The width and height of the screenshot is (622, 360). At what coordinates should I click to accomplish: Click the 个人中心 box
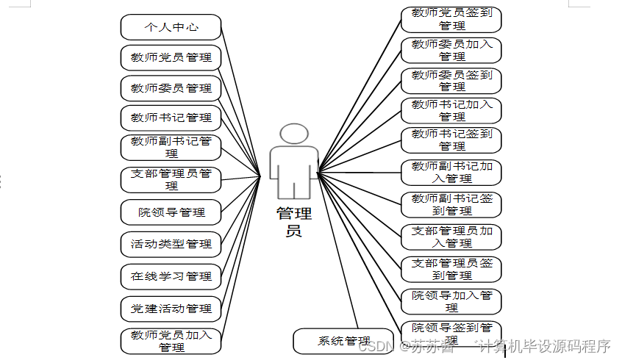coord(171,27)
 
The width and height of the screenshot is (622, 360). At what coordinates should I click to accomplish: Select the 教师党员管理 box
coord(171,57)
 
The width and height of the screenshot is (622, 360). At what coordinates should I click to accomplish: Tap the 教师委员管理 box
coord(171,88)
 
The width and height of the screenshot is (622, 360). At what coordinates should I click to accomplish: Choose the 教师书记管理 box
coord(171,118)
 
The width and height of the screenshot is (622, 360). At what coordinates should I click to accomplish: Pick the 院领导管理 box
coord(171,213)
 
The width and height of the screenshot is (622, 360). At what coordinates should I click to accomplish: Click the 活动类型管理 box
coord(171,244)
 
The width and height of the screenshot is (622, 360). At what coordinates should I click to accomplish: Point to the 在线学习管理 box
coord(171,276)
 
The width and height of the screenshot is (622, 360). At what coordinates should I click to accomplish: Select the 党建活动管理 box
coord(171,309)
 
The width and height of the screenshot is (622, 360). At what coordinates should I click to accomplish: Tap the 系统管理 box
coord(343,341)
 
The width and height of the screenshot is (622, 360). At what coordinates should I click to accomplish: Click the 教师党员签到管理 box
coord(451,19)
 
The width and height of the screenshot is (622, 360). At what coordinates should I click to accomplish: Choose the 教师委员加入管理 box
coord(451,50)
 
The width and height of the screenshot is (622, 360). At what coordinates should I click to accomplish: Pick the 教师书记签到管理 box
coord(451,140)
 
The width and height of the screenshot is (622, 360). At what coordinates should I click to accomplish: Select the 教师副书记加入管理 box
coord(451,172)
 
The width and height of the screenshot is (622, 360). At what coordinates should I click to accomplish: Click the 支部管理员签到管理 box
coord(451,269)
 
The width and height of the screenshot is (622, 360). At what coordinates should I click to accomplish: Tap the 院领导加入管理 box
coord(451,300)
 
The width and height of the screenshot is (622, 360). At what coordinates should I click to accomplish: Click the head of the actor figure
coord(294,134)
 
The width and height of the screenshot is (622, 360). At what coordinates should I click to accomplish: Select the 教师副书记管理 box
coord(171,147)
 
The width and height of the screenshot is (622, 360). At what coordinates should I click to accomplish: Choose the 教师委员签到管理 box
coord(451,80)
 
